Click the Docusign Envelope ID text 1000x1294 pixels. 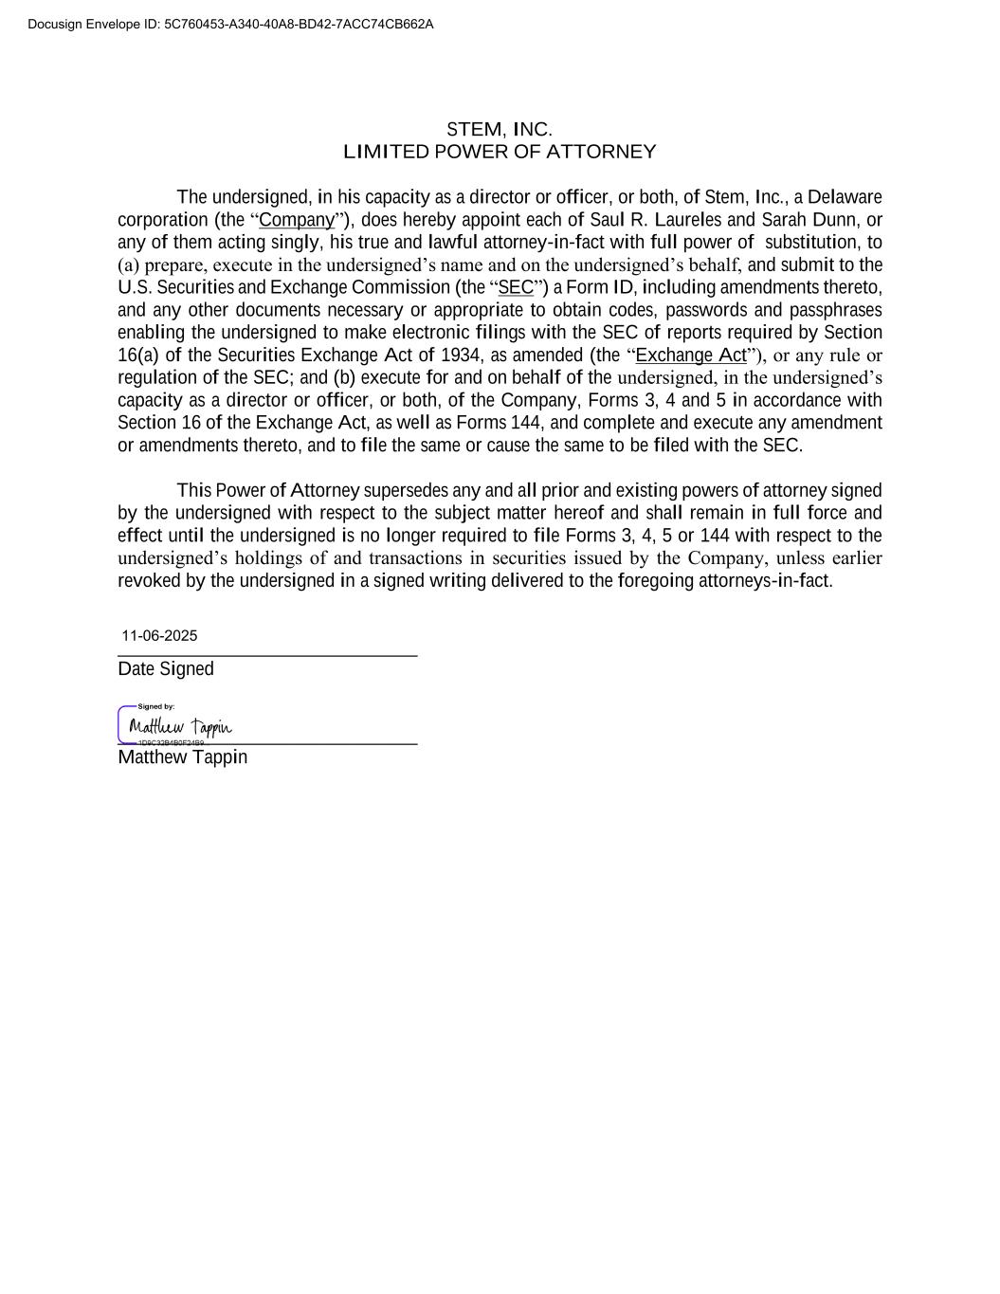point(230,24)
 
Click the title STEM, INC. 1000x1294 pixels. point(499,129)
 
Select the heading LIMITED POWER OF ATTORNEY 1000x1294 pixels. point(499,152)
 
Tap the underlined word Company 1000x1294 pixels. point(297,220)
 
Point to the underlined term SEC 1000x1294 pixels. point(516,287)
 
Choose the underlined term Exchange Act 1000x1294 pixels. point(691,355)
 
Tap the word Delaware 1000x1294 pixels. point(844,197)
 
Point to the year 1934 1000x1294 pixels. point(460,355)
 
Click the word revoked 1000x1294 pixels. point(149,581)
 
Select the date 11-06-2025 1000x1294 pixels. point(159,636)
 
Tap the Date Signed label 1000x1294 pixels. point(166,669)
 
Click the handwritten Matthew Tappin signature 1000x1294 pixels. point(180,727)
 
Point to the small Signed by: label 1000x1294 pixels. point(156,706)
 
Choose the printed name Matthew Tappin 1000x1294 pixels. point(182,757)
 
